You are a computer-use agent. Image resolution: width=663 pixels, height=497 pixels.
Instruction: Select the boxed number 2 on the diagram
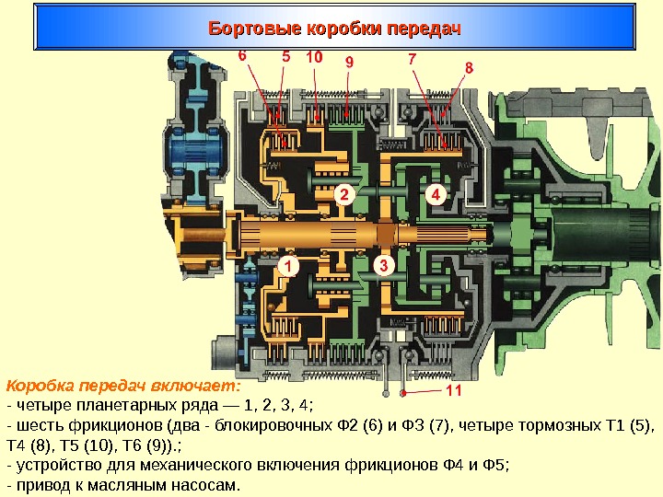pos(343,196)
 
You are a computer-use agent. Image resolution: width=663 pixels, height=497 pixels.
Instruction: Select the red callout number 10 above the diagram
pos(314,57)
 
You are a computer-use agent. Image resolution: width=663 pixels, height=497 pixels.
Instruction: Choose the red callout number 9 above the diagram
pos(349,62)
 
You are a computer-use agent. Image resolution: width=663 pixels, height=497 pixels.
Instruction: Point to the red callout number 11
pos(452,391)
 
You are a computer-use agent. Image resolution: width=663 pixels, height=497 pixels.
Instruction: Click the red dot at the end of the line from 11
pos(402,392)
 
